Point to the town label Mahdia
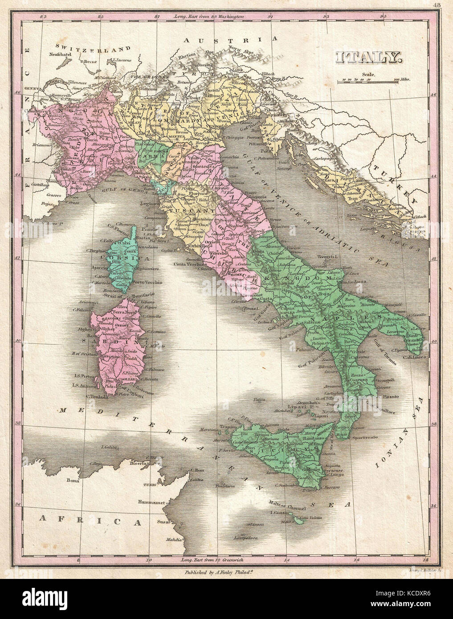174,540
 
